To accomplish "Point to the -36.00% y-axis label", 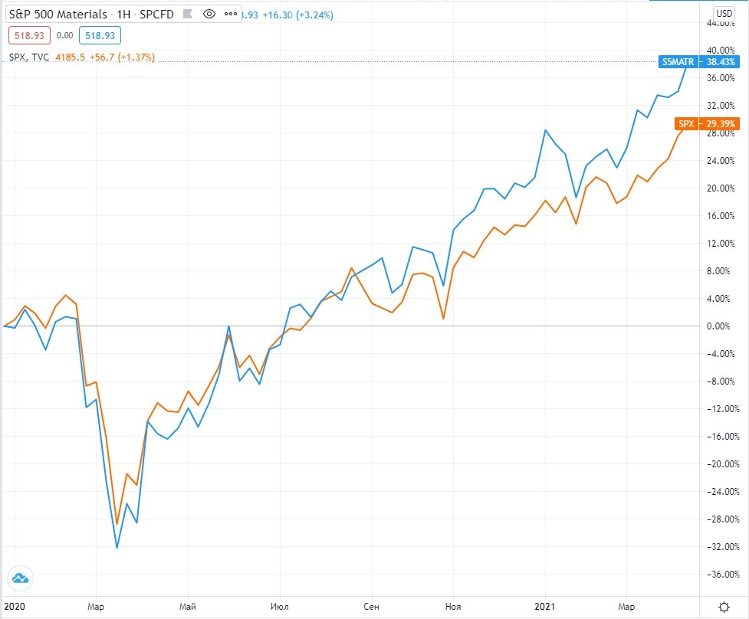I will coord(722,575).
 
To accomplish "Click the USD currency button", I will coord(723,13).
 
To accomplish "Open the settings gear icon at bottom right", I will coord(722,606).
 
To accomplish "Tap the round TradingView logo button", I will coord(20,578).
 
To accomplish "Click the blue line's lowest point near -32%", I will coord(117,548).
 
